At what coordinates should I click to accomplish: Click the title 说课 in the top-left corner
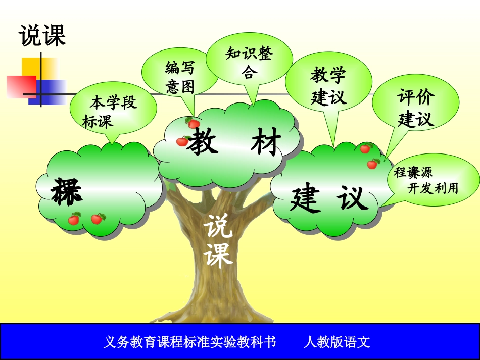click(42, 36)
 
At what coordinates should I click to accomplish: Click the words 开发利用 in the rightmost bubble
click(433, 189)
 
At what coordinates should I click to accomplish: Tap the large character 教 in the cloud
click(203, 142)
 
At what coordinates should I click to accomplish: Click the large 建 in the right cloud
click(306, 199)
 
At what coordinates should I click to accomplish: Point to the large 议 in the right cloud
click(352, 198)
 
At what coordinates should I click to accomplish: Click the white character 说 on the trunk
click(219, 227)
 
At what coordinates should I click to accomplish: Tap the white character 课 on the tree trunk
click(218, 254)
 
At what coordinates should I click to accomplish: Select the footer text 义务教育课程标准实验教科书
click(189, 342)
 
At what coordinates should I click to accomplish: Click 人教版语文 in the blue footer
click(337, 342)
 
